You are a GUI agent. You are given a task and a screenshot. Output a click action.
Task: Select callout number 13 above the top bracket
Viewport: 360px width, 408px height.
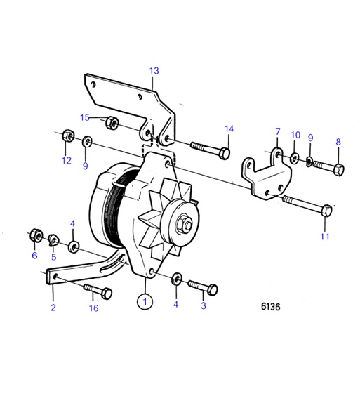point(154,70)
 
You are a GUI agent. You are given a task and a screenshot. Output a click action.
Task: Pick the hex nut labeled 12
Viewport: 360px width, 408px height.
point(65,134)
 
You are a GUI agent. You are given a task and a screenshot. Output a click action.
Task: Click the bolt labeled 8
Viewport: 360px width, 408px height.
point(327,169)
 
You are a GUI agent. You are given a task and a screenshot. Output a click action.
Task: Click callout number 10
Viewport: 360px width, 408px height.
point(295,134)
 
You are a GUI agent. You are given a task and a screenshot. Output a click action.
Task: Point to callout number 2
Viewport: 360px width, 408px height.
point(52,306)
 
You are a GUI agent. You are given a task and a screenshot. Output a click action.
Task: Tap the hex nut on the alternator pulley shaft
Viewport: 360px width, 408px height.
point(183,225)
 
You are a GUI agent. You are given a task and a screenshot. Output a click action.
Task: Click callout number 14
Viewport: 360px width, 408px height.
point(229,128)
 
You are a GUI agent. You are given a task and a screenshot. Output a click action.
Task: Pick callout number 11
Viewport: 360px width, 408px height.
point(325,237)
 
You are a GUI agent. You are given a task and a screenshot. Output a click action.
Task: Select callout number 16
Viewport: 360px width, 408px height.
point(93,308)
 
